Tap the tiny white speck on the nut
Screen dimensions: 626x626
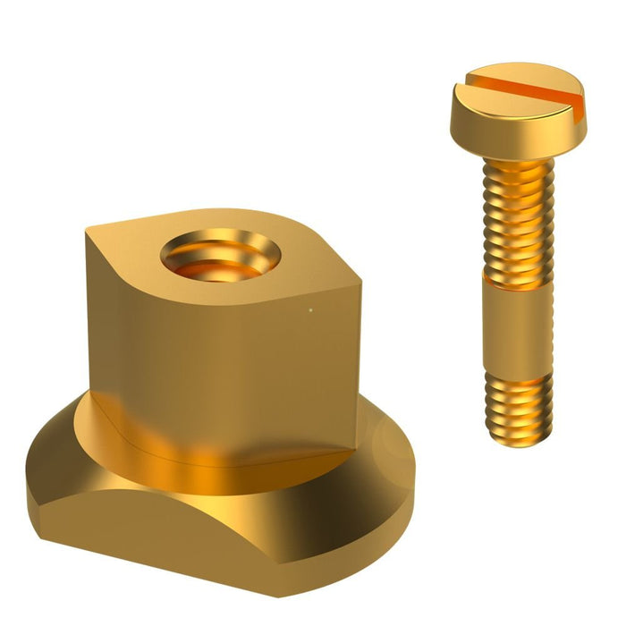[x=310, y=311]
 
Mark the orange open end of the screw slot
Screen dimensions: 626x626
[x=577, y=112]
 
